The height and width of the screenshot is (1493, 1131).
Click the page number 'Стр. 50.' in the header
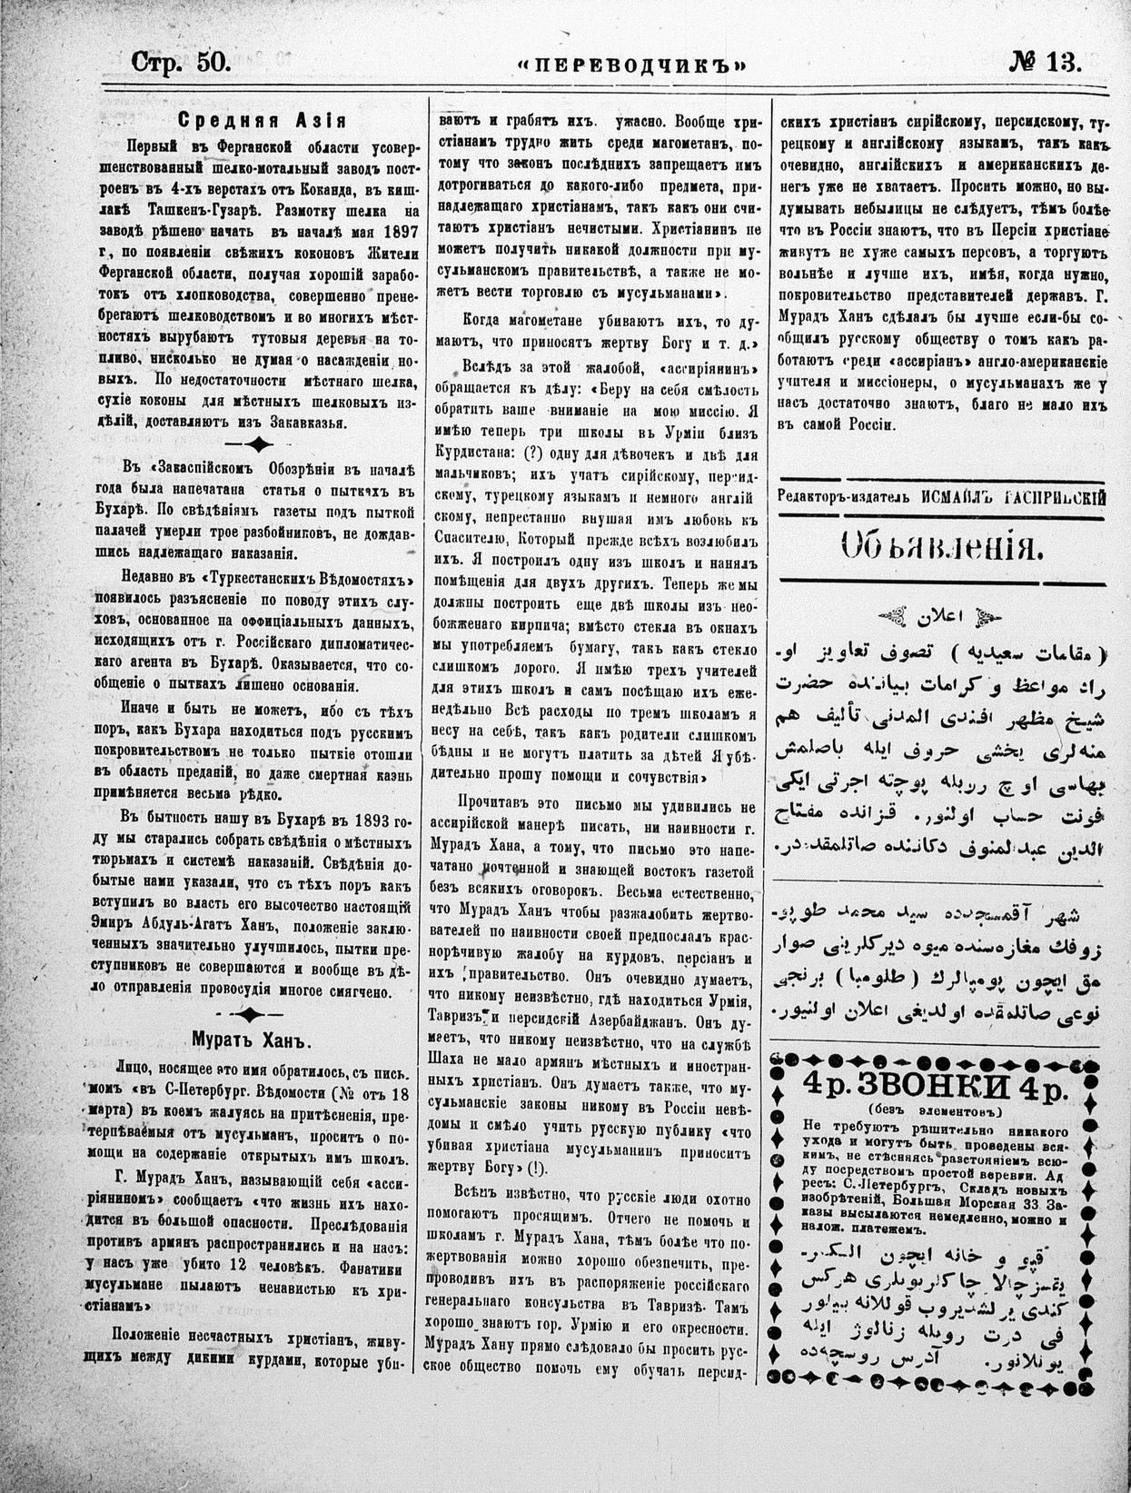(182, 63)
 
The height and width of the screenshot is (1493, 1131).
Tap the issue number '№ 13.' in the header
(1046, 62)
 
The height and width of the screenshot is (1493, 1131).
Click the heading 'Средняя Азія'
(262, 120)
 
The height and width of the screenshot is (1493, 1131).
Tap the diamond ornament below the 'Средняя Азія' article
(260, 443)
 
